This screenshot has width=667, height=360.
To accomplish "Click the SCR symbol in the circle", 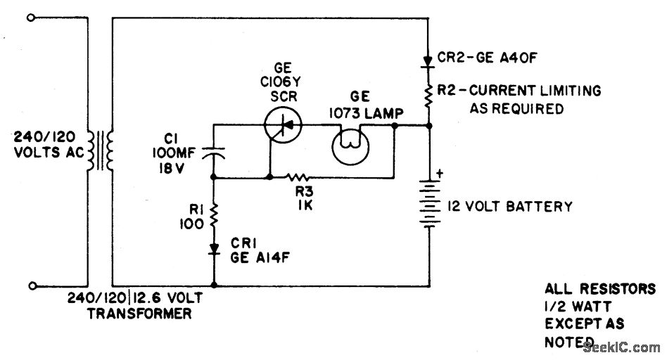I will coord(282,125).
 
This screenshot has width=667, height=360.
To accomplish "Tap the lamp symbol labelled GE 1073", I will coord(349,146).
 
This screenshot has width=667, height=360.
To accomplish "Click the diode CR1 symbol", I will coord(214,250).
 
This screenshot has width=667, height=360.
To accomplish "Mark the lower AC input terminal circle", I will coord(30,285).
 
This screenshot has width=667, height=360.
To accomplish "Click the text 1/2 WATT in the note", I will coord(578,307).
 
